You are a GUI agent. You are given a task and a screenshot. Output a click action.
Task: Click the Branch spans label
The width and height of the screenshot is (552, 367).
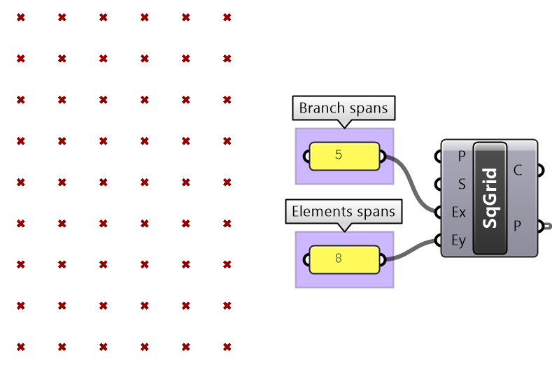[x=343, y=108]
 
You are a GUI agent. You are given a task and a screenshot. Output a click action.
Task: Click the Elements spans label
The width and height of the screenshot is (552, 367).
[x=343, y=211]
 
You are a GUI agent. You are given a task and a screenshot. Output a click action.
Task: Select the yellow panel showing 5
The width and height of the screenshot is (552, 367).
[x=344, y=155]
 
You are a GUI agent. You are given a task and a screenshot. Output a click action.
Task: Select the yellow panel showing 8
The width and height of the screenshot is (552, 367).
[x=344, y=259]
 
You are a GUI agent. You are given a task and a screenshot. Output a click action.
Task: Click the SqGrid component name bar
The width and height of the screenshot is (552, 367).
[x=490, y=198]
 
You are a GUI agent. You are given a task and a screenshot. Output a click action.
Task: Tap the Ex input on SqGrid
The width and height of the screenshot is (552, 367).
[x=458, y=212]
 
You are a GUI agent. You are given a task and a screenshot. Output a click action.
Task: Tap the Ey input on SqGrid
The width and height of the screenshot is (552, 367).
[x=458, y=240]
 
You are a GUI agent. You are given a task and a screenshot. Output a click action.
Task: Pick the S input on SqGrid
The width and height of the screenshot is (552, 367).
[x=461, y=185]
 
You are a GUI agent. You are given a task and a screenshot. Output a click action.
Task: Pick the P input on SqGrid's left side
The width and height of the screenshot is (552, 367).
[x=461, y=156]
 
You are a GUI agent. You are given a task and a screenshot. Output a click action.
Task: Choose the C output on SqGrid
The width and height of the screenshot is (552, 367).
[x=518, y=170]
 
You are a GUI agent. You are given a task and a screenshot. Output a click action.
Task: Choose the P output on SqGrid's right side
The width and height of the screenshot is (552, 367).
[x=518, y=226]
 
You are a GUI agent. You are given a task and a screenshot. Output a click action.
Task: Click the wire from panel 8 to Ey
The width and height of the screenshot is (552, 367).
[x=413, y=250]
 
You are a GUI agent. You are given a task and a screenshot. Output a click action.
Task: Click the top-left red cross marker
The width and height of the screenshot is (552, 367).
[x=20, y=17]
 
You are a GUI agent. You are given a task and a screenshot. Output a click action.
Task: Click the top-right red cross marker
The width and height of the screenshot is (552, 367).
[x=227, y=17]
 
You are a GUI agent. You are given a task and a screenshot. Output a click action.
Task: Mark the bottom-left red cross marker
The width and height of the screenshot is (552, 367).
[x=20, y=347]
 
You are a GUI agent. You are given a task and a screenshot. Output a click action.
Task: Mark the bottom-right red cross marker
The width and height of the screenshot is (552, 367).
[x=227, y=347]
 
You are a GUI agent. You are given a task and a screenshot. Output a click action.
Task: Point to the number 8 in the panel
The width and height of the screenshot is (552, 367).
[x=338, y=259]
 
